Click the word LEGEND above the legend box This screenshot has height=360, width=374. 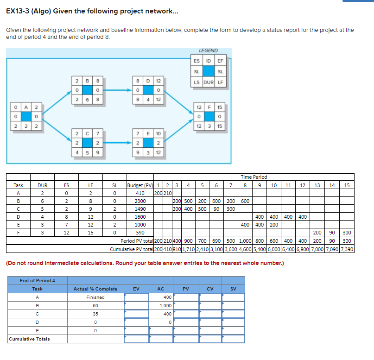(208, 51)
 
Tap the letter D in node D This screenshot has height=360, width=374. (148, 81)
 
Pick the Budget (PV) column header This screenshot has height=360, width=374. (140, 185)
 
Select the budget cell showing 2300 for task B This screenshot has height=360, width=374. (140, 201)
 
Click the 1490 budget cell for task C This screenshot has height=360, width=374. (140, 208)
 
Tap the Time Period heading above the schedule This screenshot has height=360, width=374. (254, 177)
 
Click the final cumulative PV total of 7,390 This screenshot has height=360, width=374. (347, 249)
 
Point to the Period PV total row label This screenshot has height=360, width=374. (136, 241)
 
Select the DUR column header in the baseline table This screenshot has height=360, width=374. (42, 185)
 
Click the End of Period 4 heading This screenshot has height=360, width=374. (38, 280)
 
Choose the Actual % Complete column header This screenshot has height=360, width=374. (95, 289)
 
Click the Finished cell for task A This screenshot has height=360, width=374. (95, 297)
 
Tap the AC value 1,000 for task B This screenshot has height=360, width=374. (165, 305)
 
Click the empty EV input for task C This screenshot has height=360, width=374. (136, 314)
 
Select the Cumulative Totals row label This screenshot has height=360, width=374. (29, 339)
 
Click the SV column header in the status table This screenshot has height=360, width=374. (233, 289)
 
